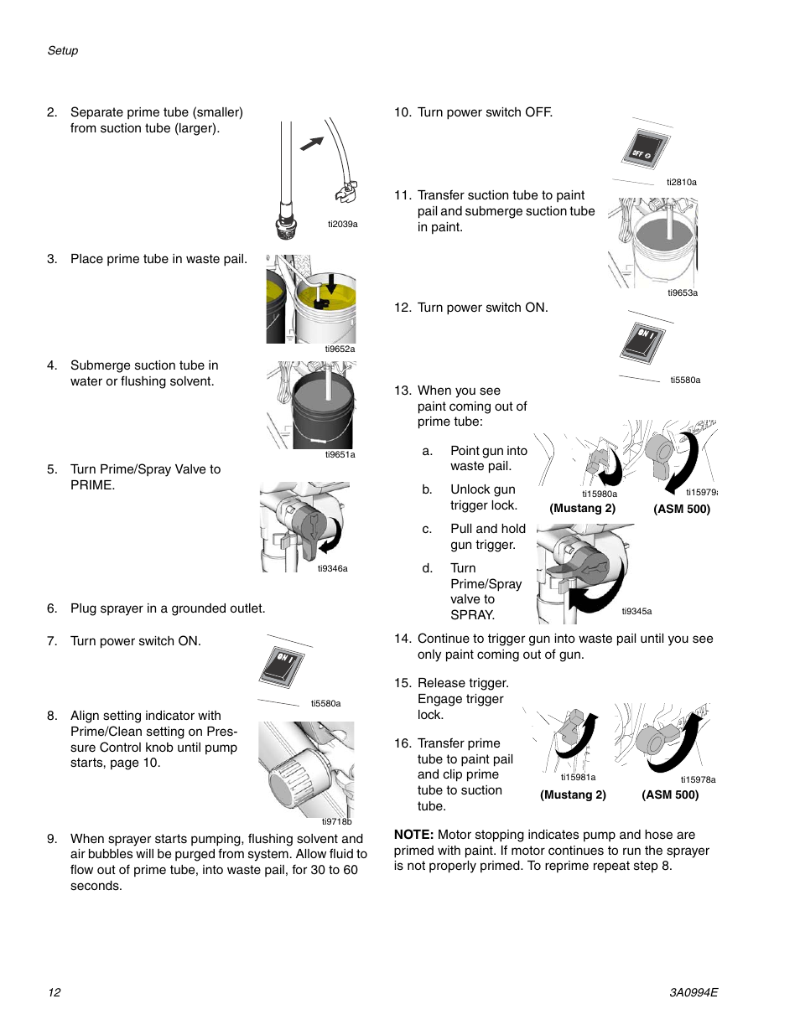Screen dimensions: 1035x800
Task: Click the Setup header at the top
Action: click(x=63, y=50)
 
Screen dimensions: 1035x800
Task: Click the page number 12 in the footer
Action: click(x=55, y=992)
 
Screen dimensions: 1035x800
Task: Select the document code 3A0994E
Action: click(x=694, y=992)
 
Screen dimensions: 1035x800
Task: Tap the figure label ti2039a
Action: click(x=342, y=224)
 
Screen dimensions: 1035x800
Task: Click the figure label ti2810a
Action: click(x=682, y=182)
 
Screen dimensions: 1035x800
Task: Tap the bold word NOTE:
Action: click(x=413, y=835)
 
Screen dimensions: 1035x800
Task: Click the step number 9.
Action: click(x=52, y=839)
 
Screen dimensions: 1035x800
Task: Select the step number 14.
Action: click(x=403, y=639)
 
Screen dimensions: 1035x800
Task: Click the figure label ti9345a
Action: click(x=636, y=611)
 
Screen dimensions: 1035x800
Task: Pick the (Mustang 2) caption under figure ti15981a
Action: click(x=573, y=794)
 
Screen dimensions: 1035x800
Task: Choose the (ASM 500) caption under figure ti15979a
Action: click(x=682, y=509)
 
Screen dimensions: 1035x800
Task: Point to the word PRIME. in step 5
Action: click(x=92, y=485)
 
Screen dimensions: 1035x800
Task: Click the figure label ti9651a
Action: click(x=340, y=454)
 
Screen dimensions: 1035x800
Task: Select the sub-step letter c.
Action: click(x=427, y=529)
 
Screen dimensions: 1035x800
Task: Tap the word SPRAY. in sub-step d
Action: click(x=472, y=615)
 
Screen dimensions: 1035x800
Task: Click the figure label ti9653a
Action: click(x=683, y=292)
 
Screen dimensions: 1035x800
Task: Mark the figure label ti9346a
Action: click(x=332, y=568)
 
